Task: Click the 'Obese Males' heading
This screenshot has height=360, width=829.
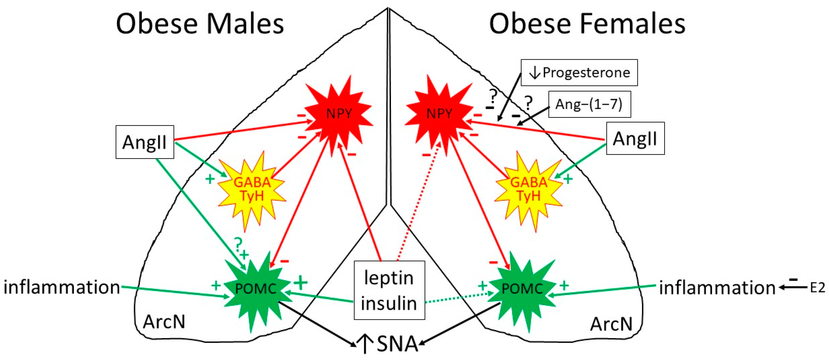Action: pyautogui.click(x=200, y=24)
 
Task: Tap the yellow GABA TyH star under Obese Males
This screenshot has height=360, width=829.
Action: pyautogui.click(x=252, y=189)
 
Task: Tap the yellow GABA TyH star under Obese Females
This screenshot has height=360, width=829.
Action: pyautogui.click(x=529, y=189)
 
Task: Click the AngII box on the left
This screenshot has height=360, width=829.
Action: pyautogui.click(x=145, y=142)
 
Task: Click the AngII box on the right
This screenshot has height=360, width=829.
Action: pyautogui.click(x=635, y=138)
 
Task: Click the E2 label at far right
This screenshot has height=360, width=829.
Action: pyautogui.click(x=817, y=288)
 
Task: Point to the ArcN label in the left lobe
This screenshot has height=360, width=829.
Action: pyautogui.click(x=164, y=321)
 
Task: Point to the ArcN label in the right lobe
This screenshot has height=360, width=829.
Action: pyautogui.click(x=611, y=324)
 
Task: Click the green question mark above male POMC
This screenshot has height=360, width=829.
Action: pyautogui.click(x=238, y=244)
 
